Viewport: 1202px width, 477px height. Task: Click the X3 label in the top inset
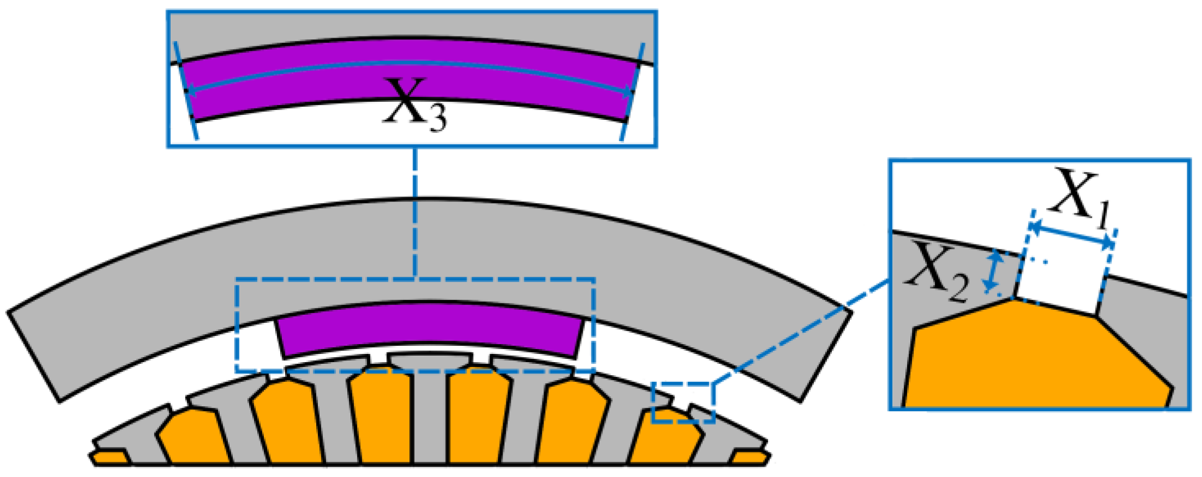414,106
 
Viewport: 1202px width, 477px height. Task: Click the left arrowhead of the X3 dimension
188,91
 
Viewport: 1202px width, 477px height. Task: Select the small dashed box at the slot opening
684,403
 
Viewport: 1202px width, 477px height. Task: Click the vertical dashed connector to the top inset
415,212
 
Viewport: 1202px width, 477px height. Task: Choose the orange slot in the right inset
1036,359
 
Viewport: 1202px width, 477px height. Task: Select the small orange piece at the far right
750,458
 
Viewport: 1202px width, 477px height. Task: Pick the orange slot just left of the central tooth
382,419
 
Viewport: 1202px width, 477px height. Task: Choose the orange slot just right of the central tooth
477,419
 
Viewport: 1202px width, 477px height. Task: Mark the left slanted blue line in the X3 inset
185,93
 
